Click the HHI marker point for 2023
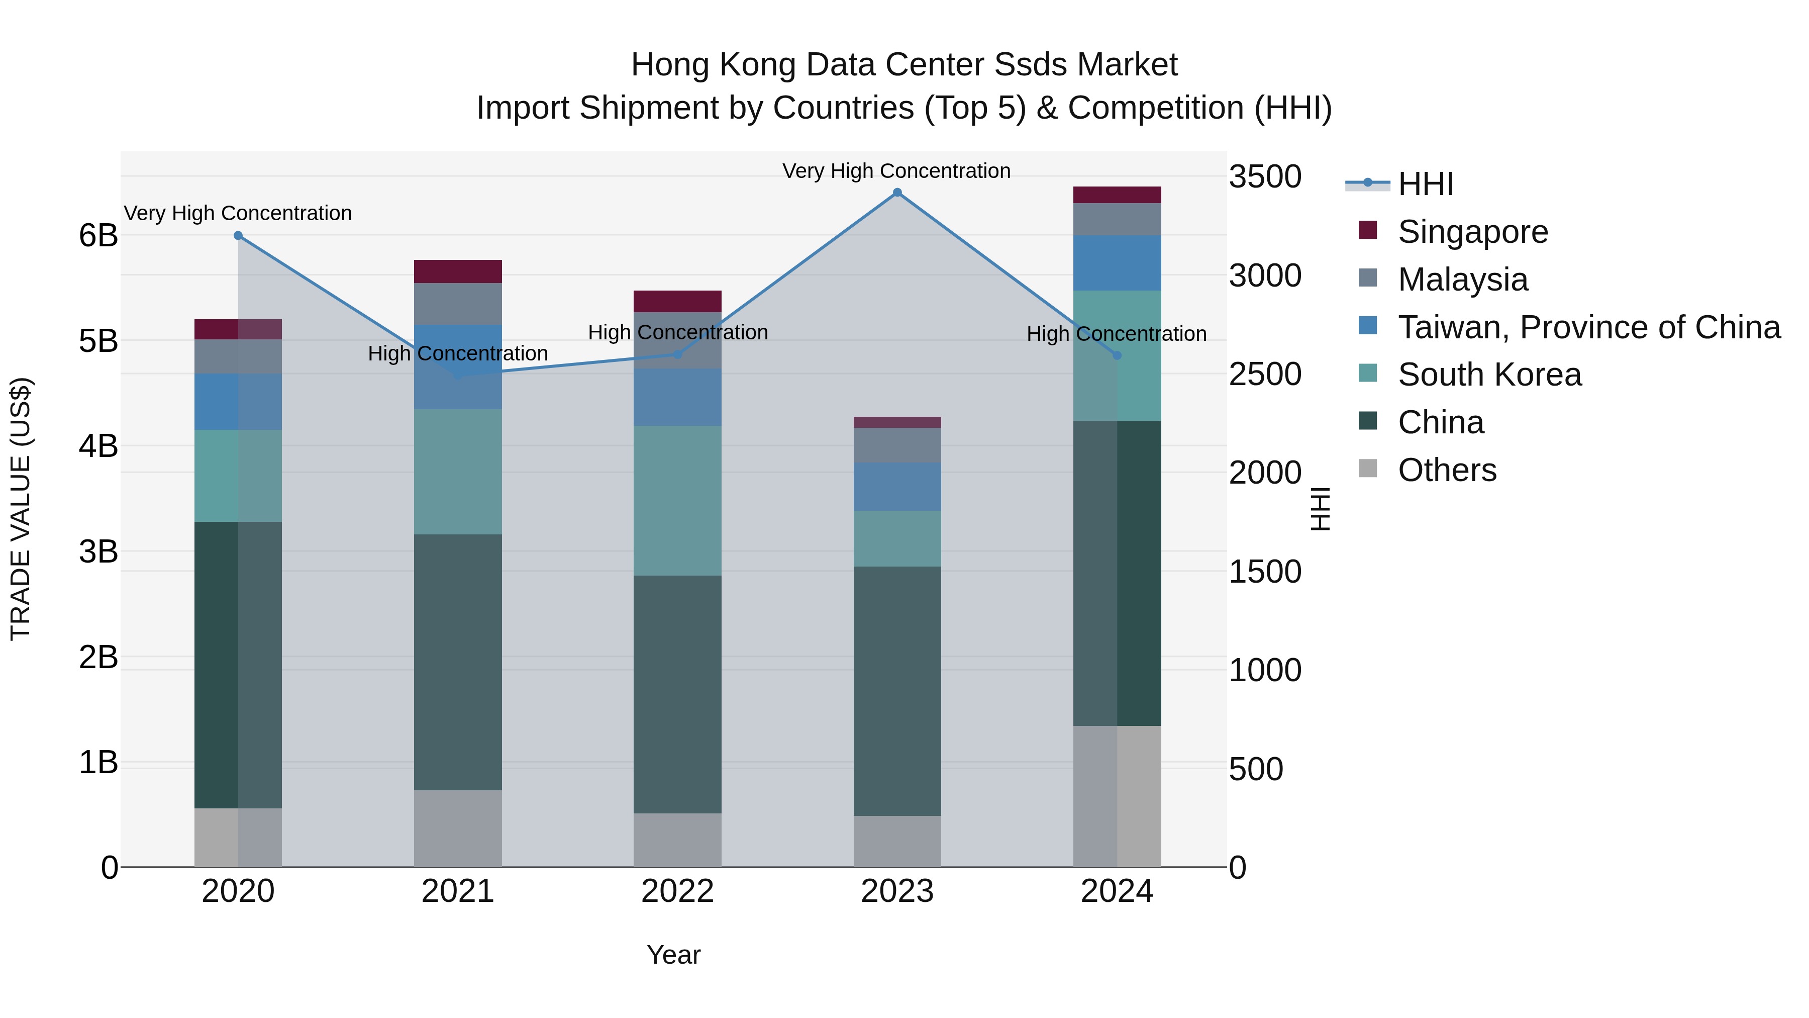tap(897, 193)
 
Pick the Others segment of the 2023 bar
tap(897, 841)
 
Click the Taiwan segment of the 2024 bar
tap(1117, 263)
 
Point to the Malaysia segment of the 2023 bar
tap(897, 445)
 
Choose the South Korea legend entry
tap(1489, 375)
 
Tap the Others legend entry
tap(1447, 470)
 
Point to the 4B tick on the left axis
tap(98, 446)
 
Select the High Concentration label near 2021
tap(458, 353)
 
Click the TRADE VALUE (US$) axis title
tap(21, 509)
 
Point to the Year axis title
tap(673, 955)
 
